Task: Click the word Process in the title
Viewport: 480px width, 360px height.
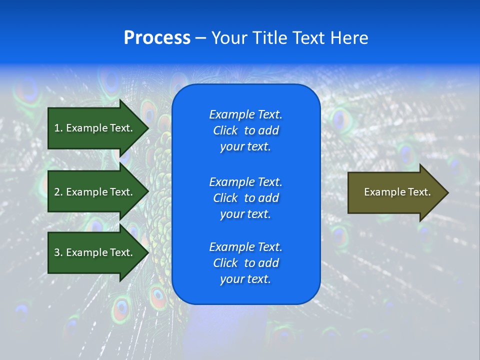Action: pyautogui.click(x=157, y=38)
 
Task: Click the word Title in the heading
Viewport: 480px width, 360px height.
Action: pyautogui.click(x=268, y=38)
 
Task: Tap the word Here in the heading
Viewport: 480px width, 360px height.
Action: pyautogui.click(x=349, y=38)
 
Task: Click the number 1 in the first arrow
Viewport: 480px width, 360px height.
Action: pyautogui.click(x=57, y=128)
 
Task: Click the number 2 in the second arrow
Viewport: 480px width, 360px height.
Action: pyautogui.click(x=57, y=192)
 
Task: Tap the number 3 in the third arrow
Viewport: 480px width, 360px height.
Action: pyautogui.click(x=57, y=252)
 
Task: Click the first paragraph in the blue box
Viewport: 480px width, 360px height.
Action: pyautogui.click(x=245, y=130)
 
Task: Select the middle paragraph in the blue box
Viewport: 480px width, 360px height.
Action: pyautogui.click(x=245, y=197)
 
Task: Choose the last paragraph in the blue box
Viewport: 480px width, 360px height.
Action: pyautogui.click(x=245, y=263)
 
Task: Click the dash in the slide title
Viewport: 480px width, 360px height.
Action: pyautogui.click(x=201, y=38)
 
